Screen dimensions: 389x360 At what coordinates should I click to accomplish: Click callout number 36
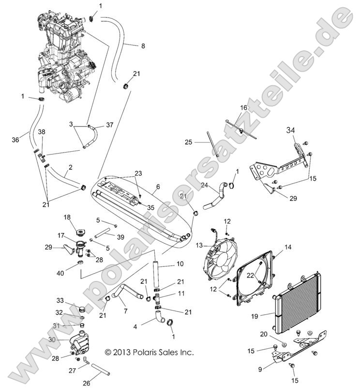click(x=15, y=140)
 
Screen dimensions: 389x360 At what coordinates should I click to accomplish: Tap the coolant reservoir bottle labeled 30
click(x=80, y=343)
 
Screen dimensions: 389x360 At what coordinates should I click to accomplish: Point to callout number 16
click(x=244, y=107)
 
